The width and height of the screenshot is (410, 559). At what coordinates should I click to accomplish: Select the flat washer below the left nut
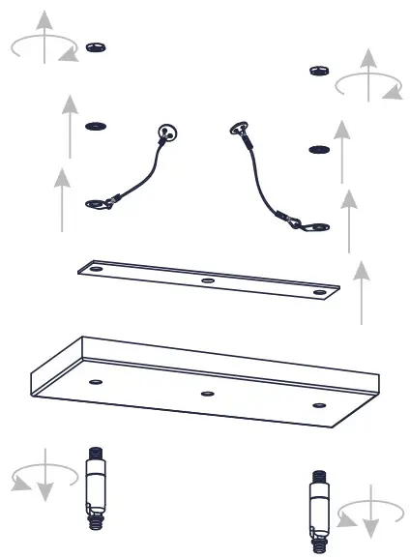point(96,127)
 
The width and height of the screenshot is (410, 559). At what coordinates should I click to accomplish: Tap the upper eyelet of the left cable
point(170,133)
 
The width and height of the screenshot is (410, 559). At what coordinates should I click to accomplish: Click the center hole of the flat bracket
point(207,280)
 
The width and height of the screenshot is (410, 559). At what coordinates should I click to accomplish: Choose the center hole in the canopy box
point(206,394)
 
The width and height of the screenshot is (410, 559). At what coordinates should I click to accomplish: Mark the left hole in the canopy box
point(95,383)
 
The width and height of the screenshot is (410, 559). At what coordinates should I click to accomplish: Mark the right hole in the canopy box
point(318,405)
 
